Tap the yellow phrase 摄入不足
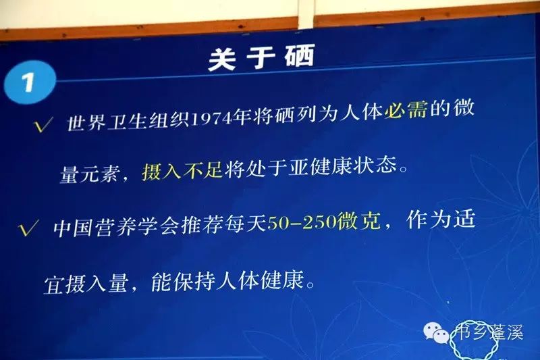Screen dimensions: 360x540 click(x=173, y=172)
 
